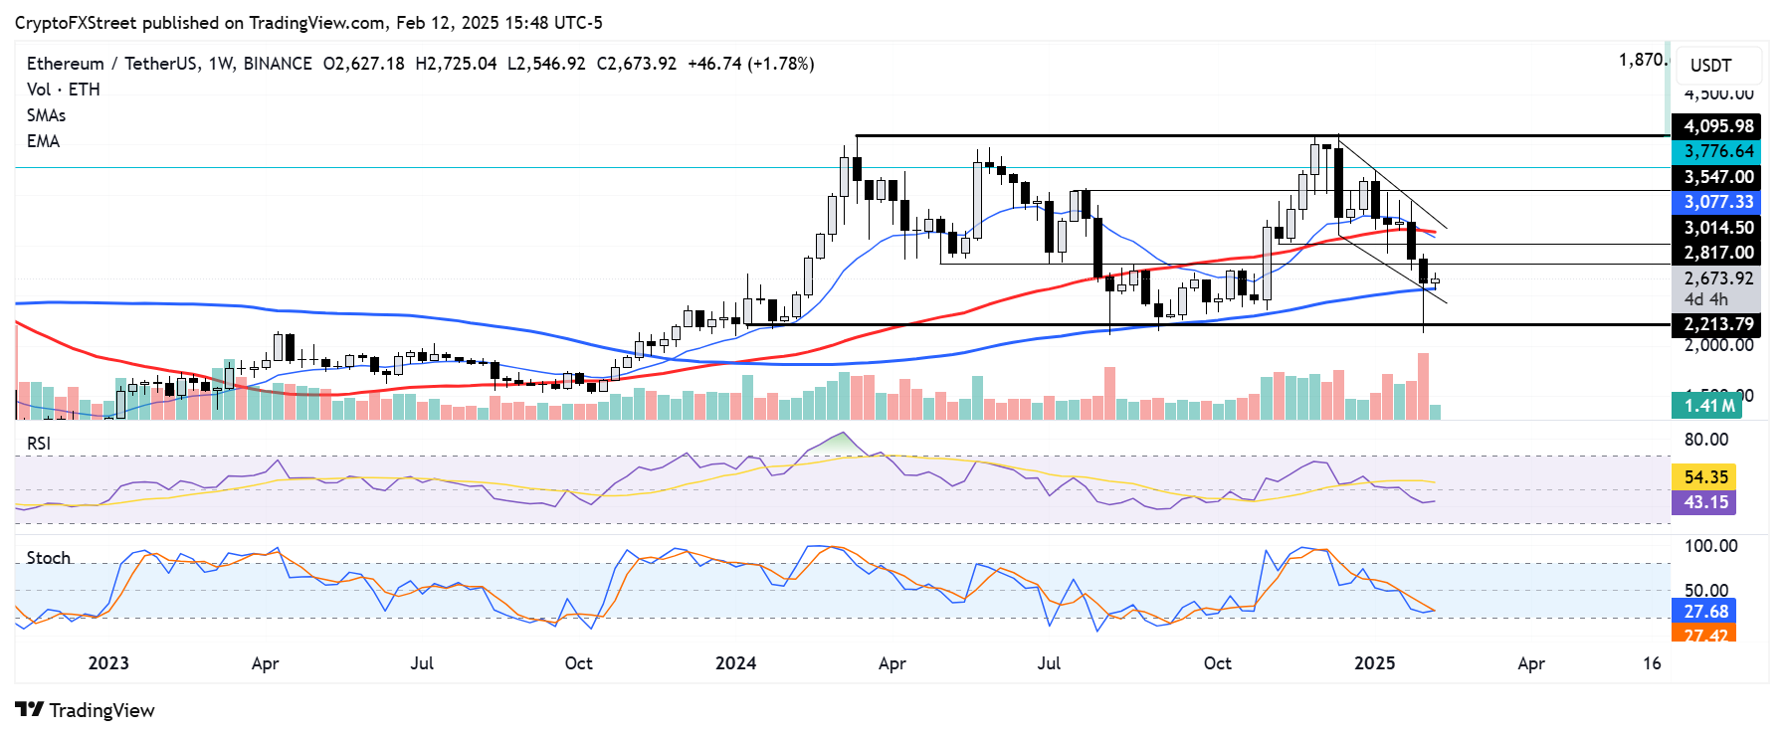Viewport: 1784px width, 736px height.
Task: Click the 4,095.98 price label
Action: click(1717, 126)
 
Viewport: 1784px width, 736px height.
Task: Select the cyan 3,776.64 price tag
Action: click(1717, 151)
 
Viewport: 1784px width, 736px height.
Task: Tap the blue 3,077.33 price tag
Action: click(1717, 202)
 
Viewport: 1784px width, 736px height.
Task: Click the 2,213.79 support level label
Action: click(1717, 324)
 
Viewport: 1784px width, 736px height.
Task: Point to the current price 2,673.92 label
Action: click(1717, 278)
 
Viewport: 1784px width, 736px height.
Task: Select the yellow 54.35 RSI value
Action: click(1705, 477)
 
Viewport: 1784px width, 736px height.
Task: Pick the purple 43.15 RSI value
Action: click(1705, 502)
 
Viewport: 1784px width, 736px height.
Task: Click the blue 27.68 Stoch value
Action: click(1705, 612)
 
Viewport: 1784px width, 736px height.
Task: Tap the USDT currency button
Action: click(1718, 66)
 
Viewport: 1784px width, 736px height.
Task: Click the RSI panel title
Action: click(39, 444)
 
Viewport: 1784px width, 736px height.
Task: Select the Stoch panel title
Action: click(49, 558)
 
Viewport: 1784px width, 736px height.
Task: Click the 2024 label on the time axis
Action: click(735, 663)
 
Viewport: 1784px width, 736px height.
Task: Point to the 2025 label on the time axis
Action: click(1374, 663)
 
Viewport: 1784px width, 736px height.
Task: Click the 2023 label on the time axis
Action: click(108, 663)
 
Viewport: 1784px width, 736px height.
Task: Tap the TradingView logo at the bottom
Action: click(86, 710)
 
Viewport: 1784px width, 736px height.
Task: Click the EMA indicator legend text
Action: click(44, 141)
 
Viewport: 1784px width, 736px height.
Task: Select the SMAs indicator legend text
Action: click(46, 115)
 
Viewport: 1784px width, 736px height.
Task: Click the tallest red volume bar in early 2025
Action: click(1423, 386)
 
